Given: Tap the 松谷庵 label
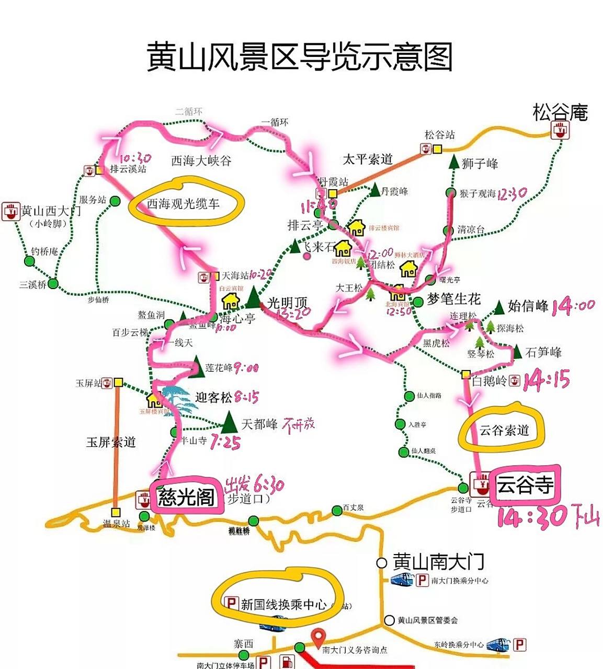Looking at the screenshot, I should point(560,112).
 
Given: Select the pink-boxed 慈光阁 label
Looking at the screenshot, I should point(186,496).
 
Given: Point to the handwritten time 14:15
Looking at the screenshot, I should point(546,380).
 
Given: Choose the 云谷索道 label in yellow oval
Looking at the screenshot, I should point(504,430).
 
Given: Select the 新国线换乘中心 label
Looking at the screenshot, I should point(282,604).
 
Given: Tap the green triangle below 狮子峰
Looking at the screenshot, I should point(453,162).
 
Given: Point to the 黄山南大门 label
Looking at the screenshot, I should point(438,562).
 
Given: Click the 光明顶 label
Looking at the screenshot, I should point(287,303).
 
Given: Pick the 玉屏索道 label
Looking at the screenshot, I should point(111,442).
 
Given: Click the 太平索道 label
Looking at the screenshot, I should point(367,159).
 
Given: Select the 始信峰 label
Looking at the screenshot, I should point(528,306).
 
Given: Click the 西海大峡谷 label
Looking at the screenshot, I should point(201,160).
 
